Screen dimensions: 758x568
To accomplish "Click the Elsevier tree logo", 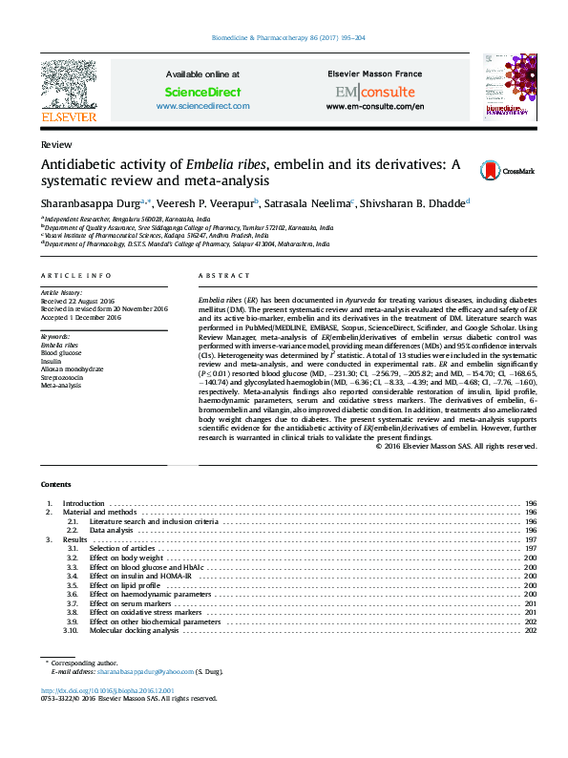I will coord(68,83).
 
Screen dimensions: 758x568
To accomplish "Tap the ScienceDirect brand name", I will coord(202,93).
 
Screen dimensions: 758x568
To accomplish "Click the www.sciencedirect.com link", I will coord(202,106).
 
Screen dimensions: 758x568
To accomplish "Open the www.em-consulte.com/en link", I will coord(374,106).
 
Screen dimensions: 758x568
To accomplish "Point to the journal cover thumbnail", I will coord(505,87).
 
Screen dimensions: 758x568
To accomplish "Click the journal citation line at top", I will coord(284,39).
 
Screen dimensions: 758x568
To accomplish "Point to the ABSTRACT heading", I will coord(218,276).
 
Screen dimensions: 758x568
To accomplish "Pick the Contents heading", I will coord(53,485).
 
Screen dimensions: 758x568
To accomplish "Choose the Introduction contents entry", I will coord(84,503).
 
